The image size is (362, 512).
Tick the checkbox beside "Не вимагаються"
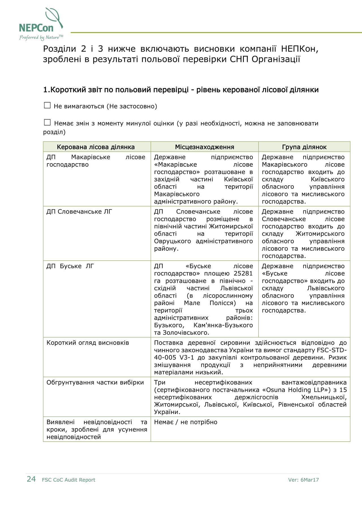click(47, 106)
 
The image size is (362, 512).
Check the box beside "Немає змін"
click(47, 122)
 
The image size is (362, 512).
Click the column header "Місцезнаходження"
click(204, 147)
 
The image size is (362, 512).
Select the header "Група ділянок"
click(304, 147)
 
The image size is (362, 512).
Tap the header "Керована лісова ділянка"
click(96, 147)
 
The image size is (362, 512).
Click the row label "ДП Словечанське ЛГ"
click(79, 212)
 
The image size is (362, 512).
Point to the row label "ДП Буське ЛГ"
click(70, 266)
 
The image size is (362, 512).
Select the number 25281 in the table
click(243, 273)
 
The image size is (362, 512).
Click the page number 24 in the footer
click(31, 479)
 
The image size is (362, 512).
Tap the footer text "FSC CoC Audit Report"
click(68, 480)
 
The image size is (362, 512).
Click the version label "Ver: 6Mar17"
click(303, 480)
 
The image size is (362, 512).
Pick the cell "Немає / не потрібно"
click(186, 422)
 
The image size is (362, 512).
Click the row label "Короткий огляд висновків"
click(88, 343)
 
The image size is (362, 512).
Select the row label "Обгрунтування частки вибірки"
click(95, 382)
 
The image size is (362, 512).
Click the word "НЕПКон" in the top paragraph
click(300, 49)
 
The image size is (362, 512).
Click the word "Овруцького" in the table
click(173, 241)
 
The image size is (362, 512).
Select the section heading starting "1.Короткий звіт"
click(181, 90)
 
